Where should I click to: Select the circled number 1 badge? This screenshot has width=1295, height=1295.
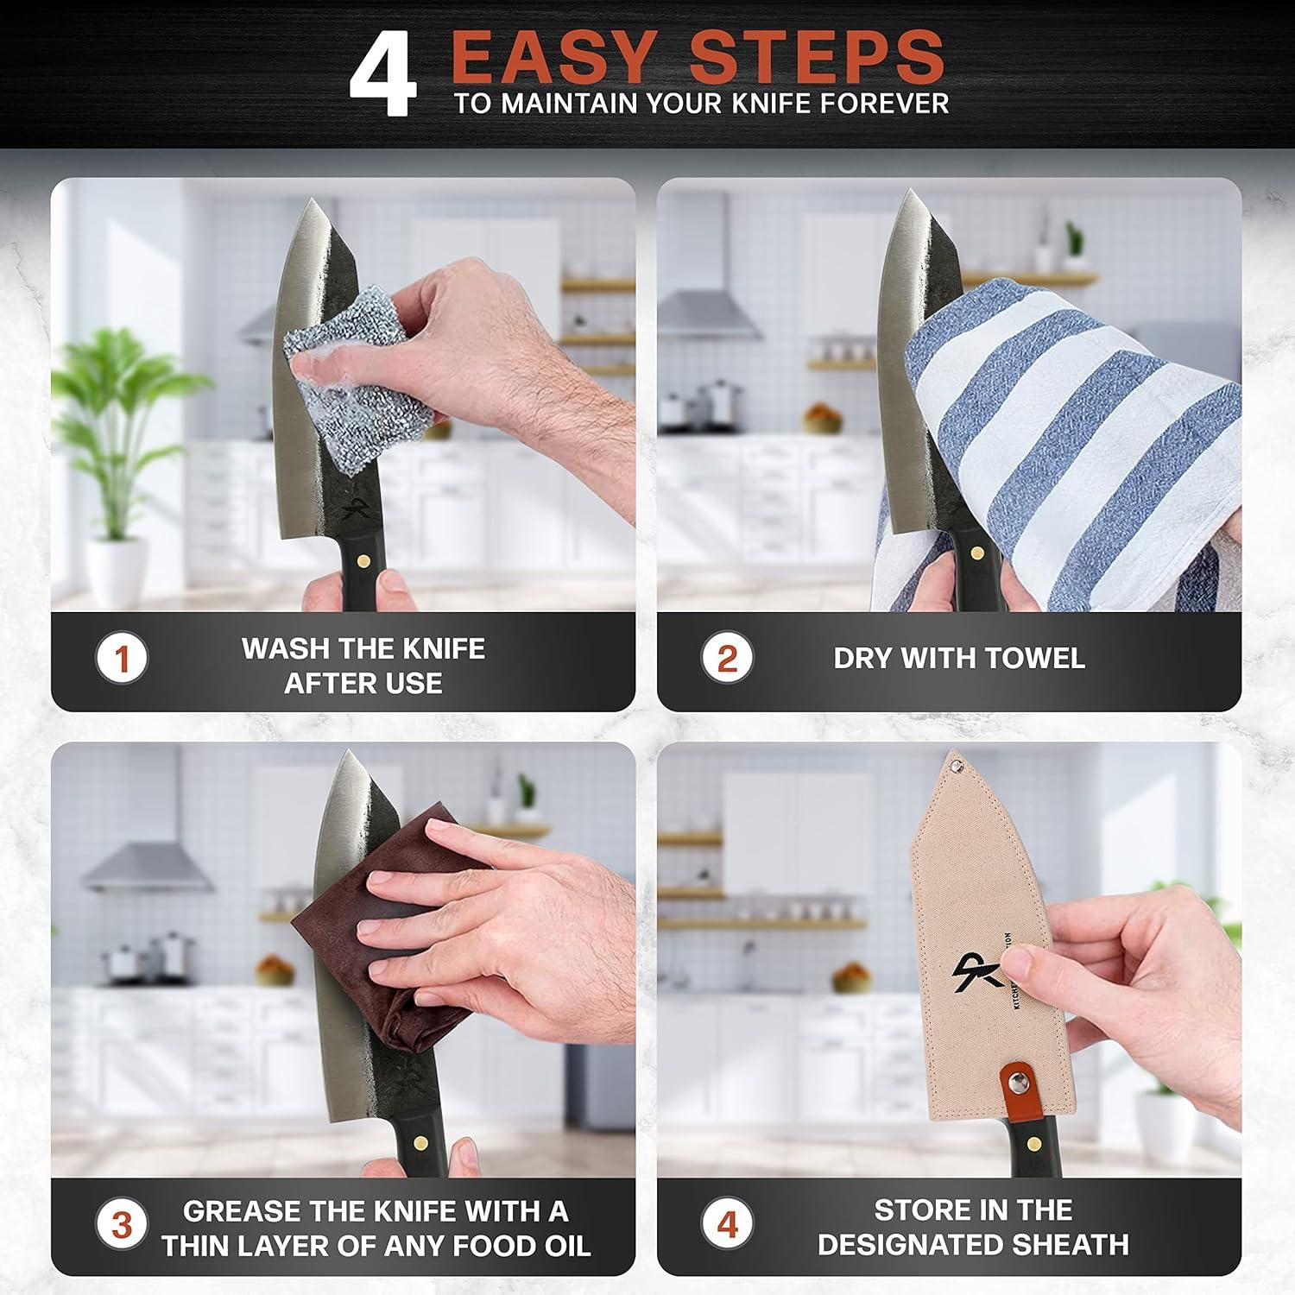(x=121, y=660)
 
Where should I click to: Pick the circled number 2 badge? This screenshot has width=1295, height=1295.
(x=727, y=659)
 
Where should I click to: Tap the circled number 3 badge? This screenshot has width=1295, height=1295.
(x=121, y=1224)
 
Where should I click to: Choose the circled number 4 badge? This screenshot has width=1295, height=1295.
(x=727, y=1224)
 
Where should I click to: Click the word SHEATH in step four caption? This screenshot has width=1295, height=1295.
(x=1071, y=1244)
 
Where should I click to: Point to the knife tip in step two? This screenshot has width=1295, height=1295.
(x=906, y=193)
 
